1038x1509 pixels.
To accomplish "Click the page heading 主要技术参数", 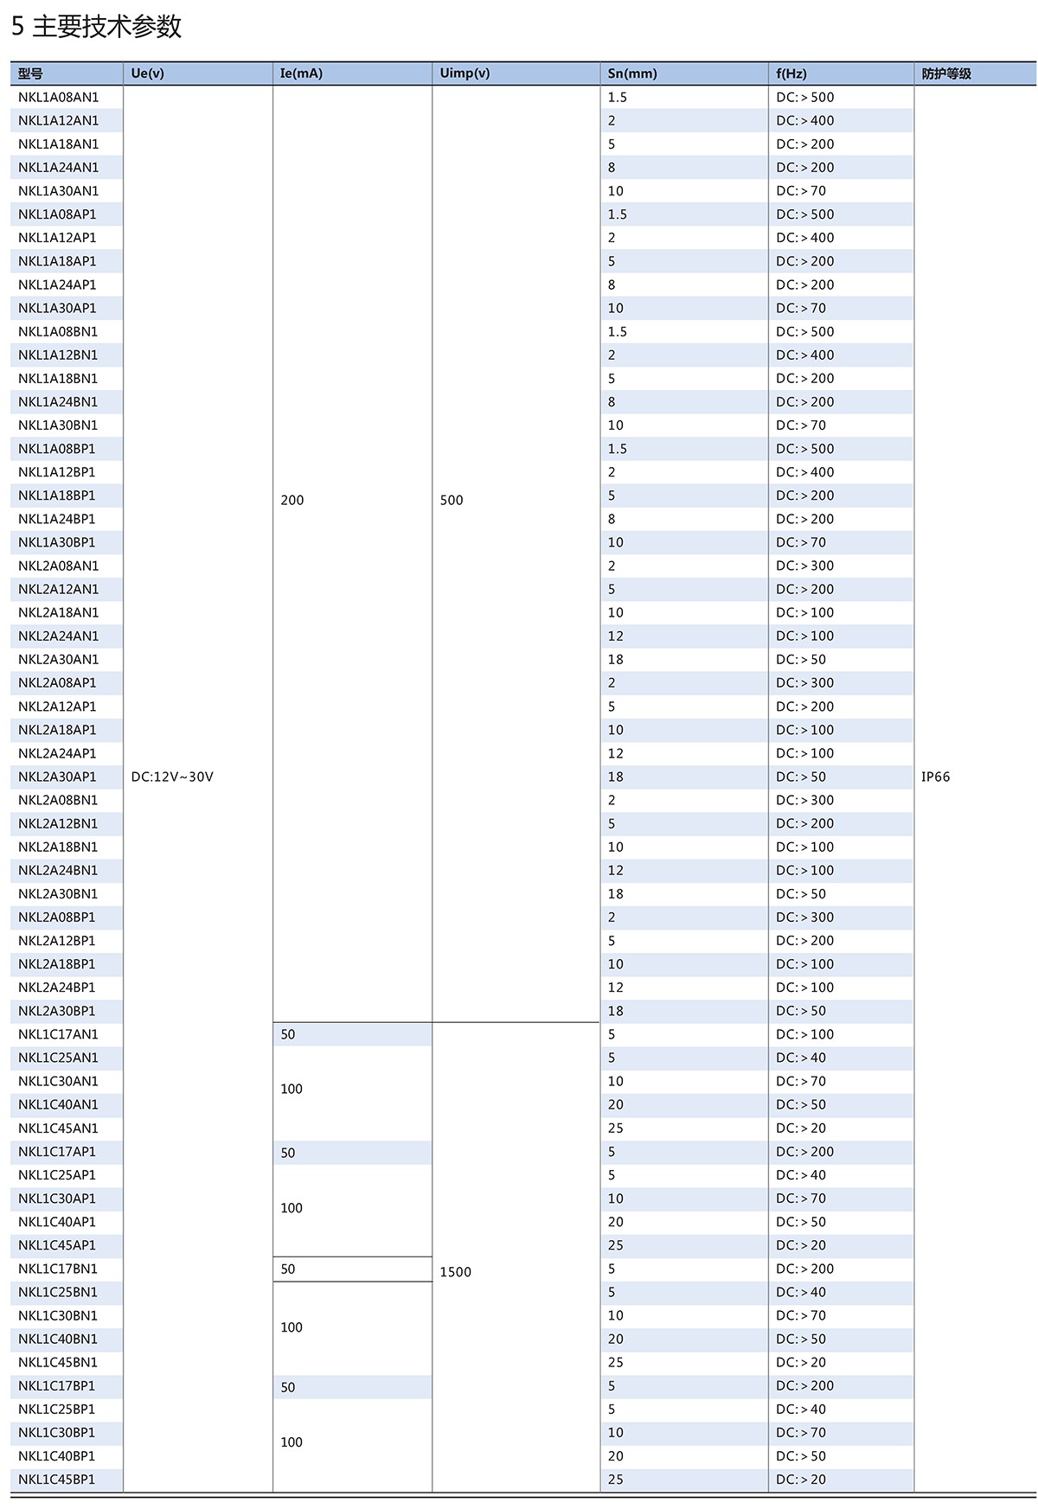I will (x=96, y=27).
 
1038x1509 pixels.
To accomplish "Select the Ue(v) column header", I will (x=147, y=74).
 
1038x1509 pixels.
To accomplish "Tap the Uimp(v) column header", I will (x=465, y=74).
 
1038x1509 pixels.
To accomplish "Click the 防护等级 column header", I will (x=946, y=74).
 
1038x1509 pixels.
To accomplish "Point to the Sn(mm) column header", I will (x=632, y=74).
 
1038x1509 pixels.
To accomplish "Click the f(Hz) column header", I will (x=791, y=74).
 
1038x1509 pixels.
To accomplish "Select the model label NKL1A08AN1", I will (x=59, y=97).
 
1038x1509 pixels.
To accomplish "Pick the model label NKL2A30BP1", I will (x=57, y=1011).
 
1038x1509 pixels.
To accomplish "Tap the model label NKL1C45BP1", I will (x=57, y=1480).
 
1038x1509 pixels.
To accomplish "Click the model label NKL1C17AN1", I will (x=59, y=1034).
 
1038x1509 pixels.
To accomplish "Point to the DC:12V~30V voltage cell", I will (x=172, y=777).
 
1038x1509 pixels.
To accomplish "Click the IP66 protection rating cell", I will (x=935, y=777).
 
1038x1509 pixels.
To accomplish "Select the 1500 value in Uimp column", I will (x=456, y=1272).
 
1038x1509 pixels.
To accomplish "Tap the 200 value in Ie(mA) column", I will (x=292, y=500).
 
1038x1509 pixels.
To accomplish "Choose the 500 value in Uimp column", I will (x=452, y=500).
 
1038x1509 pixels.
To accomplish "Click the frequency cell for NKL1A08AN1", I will (x=805, y=97).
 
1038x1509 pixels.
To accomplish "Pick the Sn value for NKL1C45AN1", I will (x=615, y=1129).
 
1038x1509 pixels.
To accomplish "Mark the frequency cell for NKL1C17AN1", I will (x=805, y=1034).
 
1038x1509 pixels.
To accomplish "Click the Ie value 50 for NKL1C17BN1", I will (x=288, y=1269).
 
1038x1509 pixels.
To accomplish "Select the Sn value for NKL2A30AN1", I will (x=615, y=660).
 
